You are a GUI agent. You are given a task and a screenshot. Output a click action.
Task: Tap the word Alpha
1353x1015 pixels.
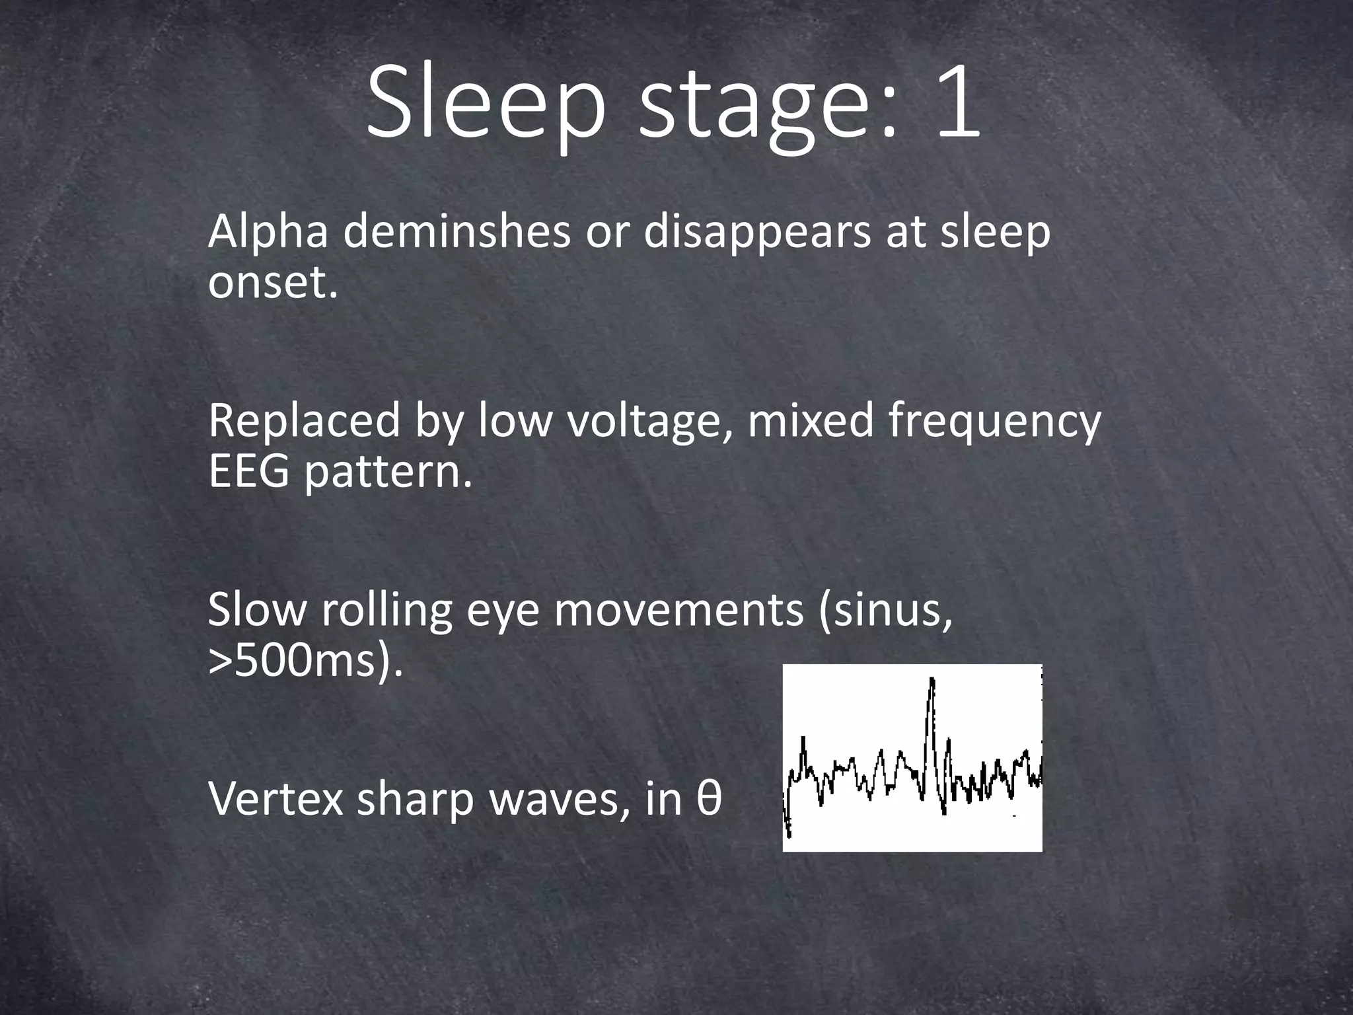pos(268,233)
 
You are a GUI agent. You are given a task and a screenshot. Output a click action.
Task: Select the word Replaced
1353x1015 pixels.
pos(304,422)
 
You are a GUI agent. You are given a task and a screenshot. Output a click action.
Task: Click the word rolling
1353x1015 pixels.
pos(386,611)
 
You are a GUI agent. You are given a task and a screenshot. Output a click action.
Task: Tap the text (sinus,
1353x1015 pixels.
pos(886,611)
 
